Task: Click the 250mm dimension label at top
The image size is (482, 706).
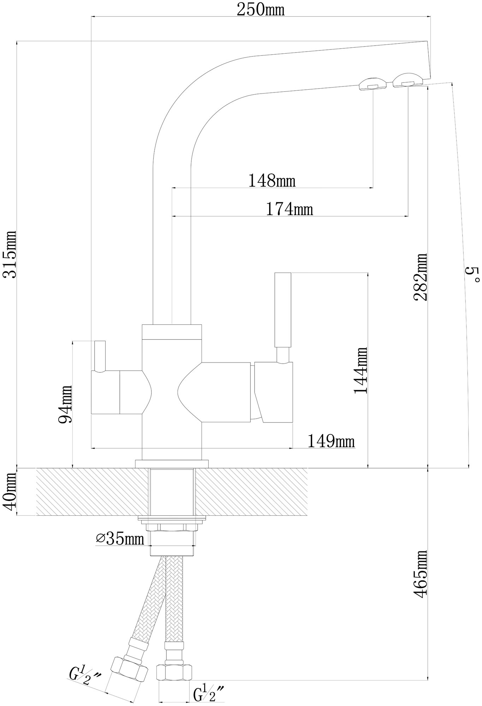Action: [260, 10]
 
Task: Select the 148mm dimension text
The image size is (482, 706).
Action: [272, 181]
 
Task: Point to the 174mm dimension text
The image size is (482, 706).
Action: [289, 209]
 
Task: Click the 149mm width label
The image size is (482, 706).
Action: [331, 441]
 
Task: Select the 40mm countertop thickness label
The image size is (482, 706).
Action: [10, 492]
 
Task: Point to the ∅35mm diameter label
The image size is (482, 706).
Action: [120, 539]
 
